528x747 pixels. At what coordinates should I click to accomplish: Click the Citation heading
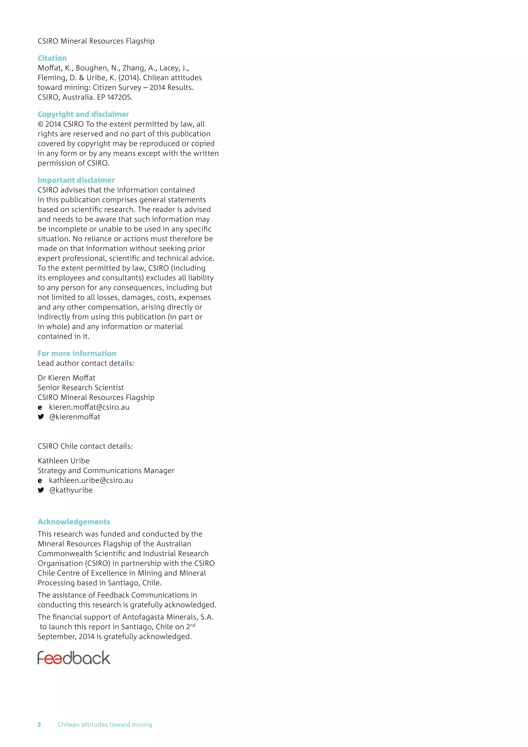pyautogui.click(x=52, y=58)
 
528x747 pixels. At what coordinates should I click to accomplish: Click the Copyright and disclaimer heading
pyautogui.click(x=83, y=114)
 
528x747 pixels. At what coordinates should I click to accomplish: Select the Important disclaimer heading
pyautogui.click(x=76, y=180)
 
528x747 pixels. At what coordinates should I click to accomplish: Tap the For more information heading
pyautogui.click(x=77, y=353)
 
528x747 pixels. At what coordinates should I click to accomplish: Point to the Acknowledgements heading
pyautogui.click(x=74, y=522)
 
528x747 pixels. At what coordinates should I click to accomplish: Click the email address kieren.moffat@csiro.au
pyautogui.click(x=89, y=407)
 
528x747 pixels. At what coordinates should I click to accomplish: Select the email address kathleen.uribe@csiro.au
pyautogui.click(x=91, y=480)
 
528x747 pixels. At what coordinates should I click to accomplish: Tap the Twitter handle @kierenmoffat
pyautogui.click(x=75, y=417)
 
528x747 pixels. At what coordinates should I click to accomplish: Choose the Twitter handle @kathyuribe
pyautogui.click(x=71, y=490)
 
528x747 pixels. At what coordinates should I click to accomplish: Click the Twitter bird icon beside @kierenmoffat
pyautogui.click(x=41, y=417)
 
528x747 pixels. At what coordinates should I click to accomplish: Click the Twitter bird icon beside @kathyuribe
pyautogui.click(x=41, y=490)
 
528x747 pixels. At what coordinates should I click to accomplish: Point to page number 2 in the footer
pyautogui.click(x=39, y=725)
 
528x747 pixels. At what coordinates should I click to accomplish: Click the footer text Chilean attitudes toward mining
pyautogui.click(x=105, y=725)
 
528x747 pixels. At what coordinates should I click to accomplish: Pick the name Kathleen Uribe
pyautogui.click(x=63, y=461)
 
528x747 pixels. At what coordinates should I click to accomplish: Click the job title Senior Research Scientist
pyautogui.click(x=81, y=387)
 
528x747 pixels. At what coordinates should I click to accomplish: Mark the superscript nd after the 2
pyautogui.click(x=193, y=625)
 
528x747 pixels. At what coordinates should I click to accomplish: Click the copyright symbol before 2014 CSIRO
pyautogui.click(x=41, y=124)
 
